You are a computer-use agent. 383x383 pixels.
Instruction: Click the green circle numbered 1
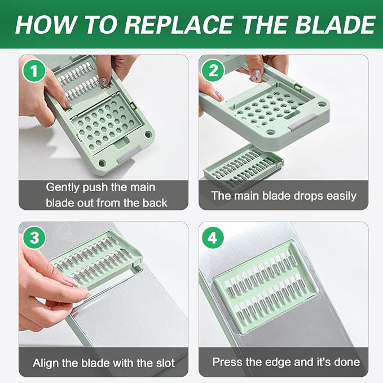tap(34, 71)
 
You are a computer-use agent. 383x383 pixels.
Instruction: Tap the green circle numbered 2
tap(213, 71)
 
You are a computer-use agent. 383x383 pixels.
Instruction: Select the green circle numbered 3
tap(34, 237)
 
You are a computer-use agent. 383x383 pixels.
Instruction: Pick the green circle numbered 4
tap(213, 237)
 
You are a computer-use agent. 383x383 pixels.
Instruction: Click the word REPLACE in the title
tap(179, 25)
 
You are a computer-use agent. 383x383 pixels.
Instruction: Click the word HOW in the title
tap(45, 25)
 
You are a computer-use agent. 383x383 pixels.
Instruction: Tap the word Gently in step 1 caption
tap(62, 188)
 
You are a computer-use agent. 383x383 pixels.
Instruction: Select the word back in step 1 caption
tap(155, 202)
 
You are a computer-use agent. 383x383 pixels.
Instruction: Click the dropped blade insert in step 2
tap(244, 165)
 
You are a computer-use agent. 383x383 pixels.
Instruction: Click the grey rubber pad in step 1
tap(130, 154)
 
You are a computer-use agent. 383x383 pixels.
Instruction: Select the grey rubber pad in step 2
tap(303, 122)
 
